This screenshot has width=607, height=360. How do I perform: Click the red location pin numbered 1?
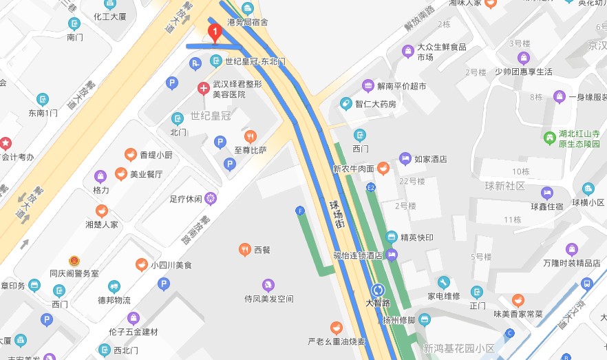(x=214, y=32)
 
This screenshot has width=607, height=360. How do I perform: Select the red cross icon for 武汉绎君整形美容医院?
(x=204, y=88)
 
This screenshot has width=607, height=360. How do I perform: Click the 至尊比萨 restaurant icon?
(x=251, y=136)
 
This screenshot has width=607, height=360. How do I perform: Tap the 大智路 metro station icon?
(x=378, y=290)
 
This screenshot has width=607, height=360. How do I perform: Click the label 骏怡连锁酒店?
(x=358, y=255)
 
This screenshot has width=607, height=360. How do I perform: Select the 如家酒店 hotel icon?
(x=406, y=159)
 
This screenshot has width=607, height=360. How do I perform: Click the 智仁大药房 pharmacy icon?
(x=345, y=104)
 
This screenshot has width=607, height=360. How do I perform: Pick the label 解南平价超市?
(x=402, y=86)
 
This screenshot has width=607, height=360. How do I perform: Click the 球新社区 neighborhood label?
(x=504, y=187)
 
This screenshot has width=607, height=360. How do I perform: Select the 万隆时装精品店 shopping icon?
(x=571, y=249)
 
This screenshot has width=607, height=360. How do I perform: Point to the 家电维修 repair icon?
(x=443, y=282)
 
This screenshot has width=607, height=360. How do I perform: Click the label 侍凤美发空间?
(x=268, y=299)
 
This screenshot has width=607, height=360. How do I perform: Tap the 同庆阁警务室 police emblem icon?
(x=74, y=261)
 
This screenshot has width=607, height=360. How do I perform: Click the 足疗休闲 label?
(x=185, y=200)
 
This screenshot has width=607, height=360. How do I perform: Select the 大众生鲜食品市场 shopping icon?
(x=408, y=51)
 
